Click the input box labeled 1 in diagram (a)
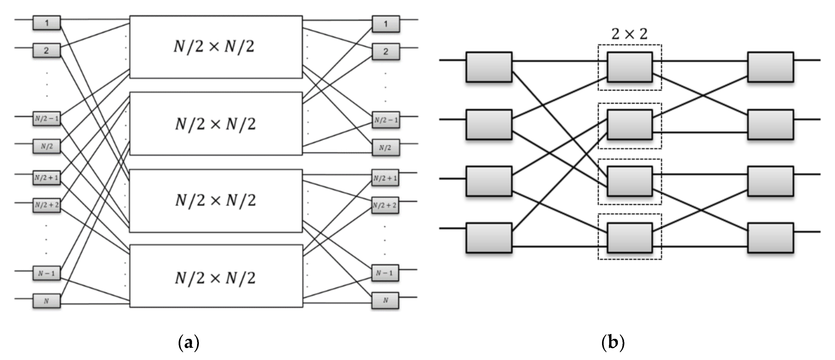pos(47,23)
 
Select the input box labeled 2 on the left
pos(47,51)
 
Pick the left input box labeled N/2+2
pos(47,205)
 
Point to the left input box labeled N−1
pos(47,273)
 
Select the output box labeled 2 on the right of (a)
pos(385,52)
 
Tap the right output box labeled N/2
pos(385,148)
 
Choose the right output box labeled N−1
pos(385,273)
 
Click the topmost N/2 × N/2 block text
pos(214,47)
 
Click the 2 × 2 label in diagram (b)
pos(629,34)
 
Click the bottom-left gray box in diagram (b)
pos(489,238)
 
